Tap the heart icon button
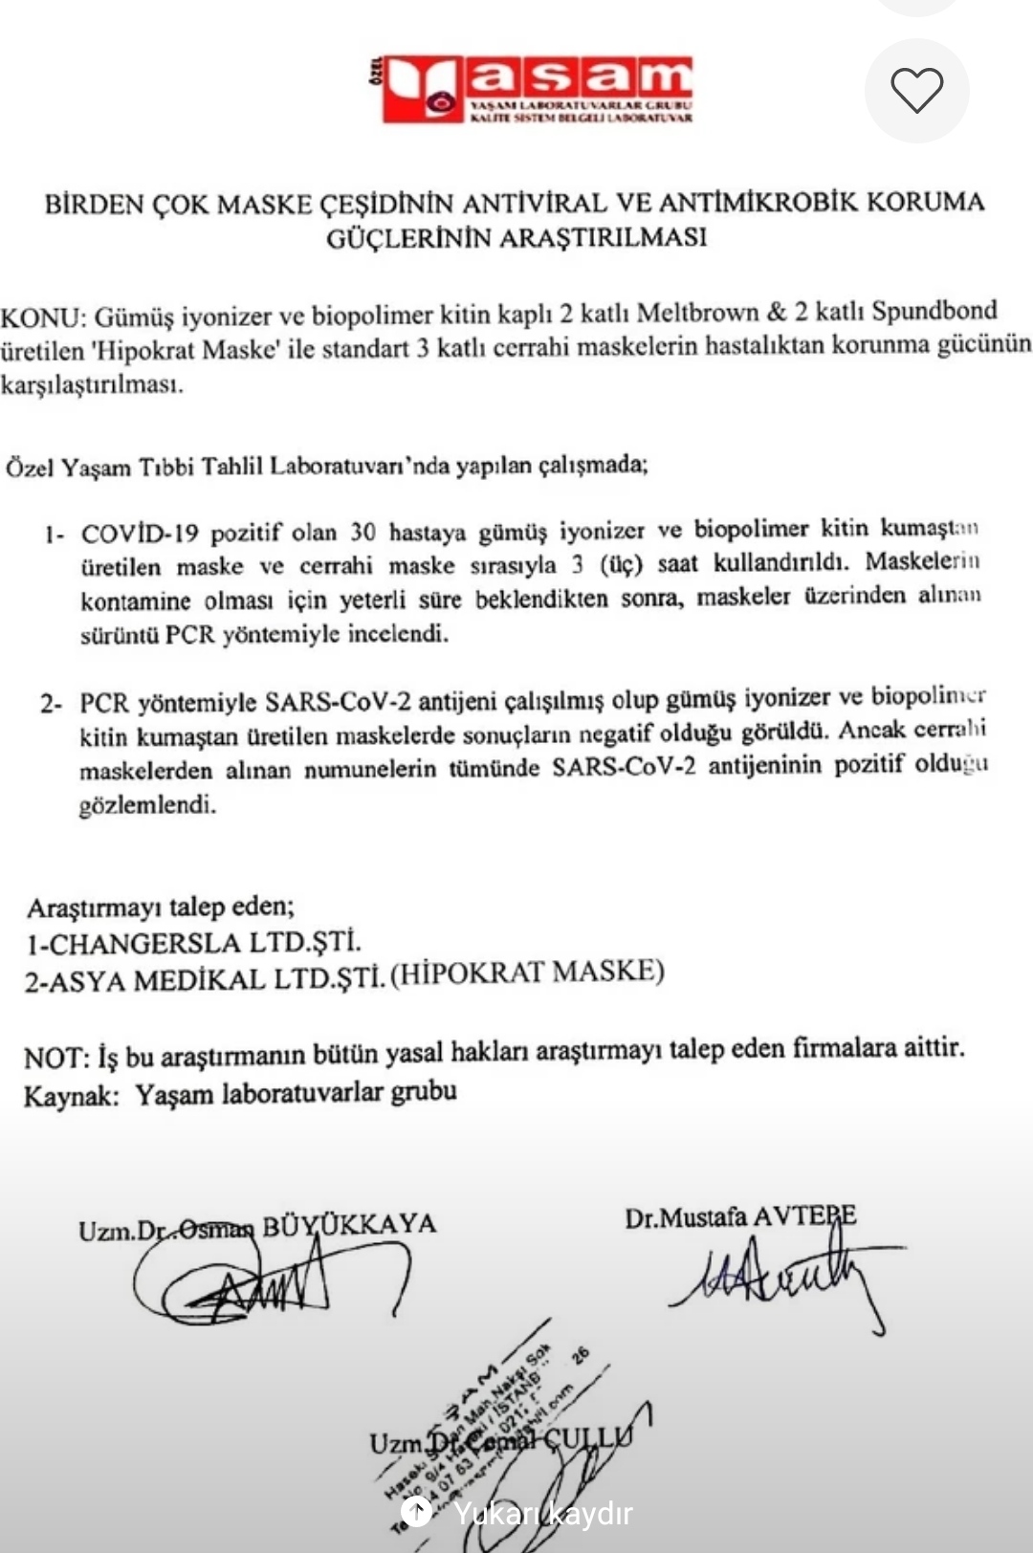pos(916,91)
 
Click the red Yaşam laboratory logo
pos(536,89)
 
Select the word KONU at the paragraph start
pos(42,317)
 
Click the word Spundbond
pos(934,311)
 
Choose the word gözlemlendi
pos(147,805)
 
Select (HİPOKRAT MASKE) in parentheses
pos(527,973)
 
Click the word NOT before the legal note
pos(55,1058)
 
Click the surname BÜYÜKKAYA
pos(349,1225)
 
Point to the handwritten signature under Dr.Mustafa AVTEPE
pos(780,1278)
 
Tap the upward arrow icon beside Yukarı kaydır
pos(416,1512)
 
